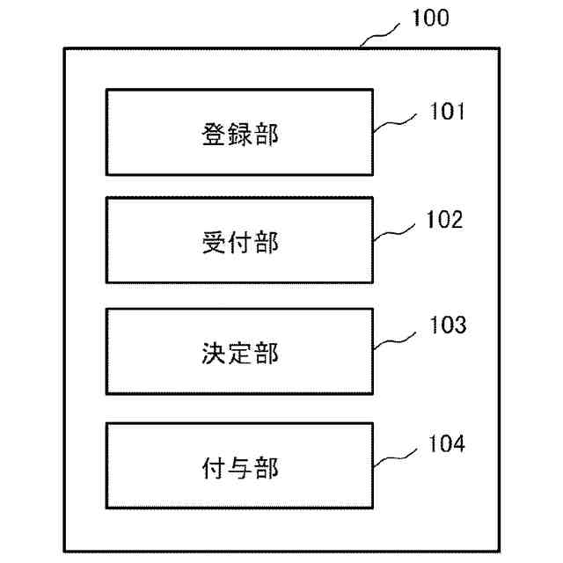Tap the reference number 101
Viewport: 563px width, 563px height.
pos(446,113)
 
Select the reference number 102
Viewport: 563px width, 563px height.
pos(445,220)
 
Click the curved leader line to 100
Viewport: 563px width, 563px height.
pos(383,33)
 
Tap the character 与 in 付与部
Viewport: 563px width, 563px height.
pos(237,465)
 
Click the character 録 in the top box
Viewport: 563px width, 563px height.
pos(237,135)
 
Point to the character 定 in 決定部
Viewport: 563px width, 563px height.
pos(237,353)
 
